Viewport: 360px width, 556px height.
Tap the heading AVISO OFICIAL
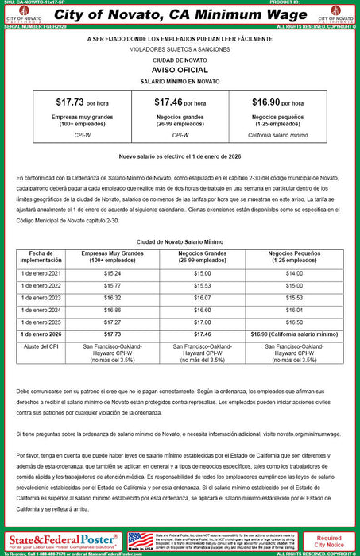pos(180,69)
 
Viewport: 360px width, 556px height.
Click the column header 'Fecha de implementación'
pos(41,255)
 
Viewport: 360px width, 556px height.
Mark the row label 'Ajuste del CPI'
pos(41,347)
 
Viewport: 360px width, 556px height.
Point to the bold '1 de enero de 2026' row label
pos(41,335)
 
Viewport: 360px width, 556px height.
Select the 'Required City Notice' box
pos(330,541)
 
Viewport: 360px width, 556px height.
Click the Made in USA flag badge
pos(141,541)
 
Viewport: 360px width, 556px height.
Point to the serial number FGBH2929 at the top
pos(41,26)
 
